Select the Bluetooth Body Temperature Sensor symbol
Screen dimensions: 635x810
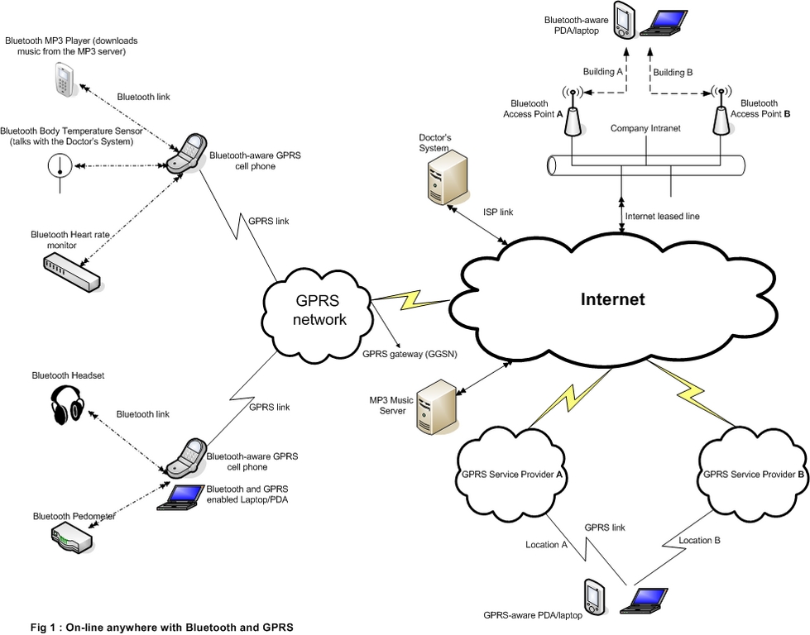[x=60, y=167]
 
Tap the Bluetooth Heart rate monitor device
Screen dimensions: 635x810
[x=71, y=270]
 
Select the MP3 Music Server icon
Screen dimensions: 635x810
[x=436, y=403]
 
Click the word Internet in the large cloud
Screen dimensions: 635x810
[x=612, y=299]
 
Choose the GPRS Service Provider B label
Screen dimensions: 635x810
[x=754, y=475]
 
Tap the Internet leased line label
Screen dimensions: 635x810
[x=662, y=216]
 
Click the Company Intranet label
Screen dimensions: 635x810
[x=645, y=129]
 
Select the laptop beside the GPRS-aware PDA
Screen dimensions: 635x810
[x=647, y=599]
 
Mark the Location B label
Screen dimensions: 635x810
[x=699, y=540]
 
